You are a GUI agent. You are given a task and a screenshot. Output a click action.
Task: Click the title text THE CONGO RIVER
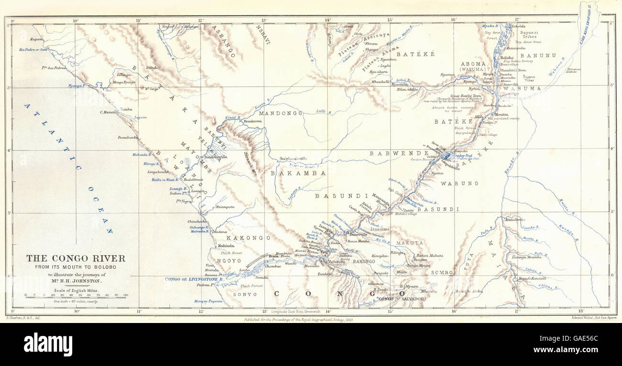point(76,258)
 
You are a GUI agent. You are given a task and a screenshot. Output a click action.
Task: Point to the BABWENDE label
point(399,153)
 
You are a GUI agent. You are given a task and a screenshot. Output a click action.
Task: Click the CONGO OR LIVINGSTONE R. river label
point(194,279)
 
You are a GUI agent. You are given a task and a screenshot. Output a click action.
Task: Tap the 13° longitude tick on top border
point(264,20)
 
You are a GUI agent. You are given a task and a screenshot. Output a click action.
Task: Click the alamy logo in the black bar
point(48,344)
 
